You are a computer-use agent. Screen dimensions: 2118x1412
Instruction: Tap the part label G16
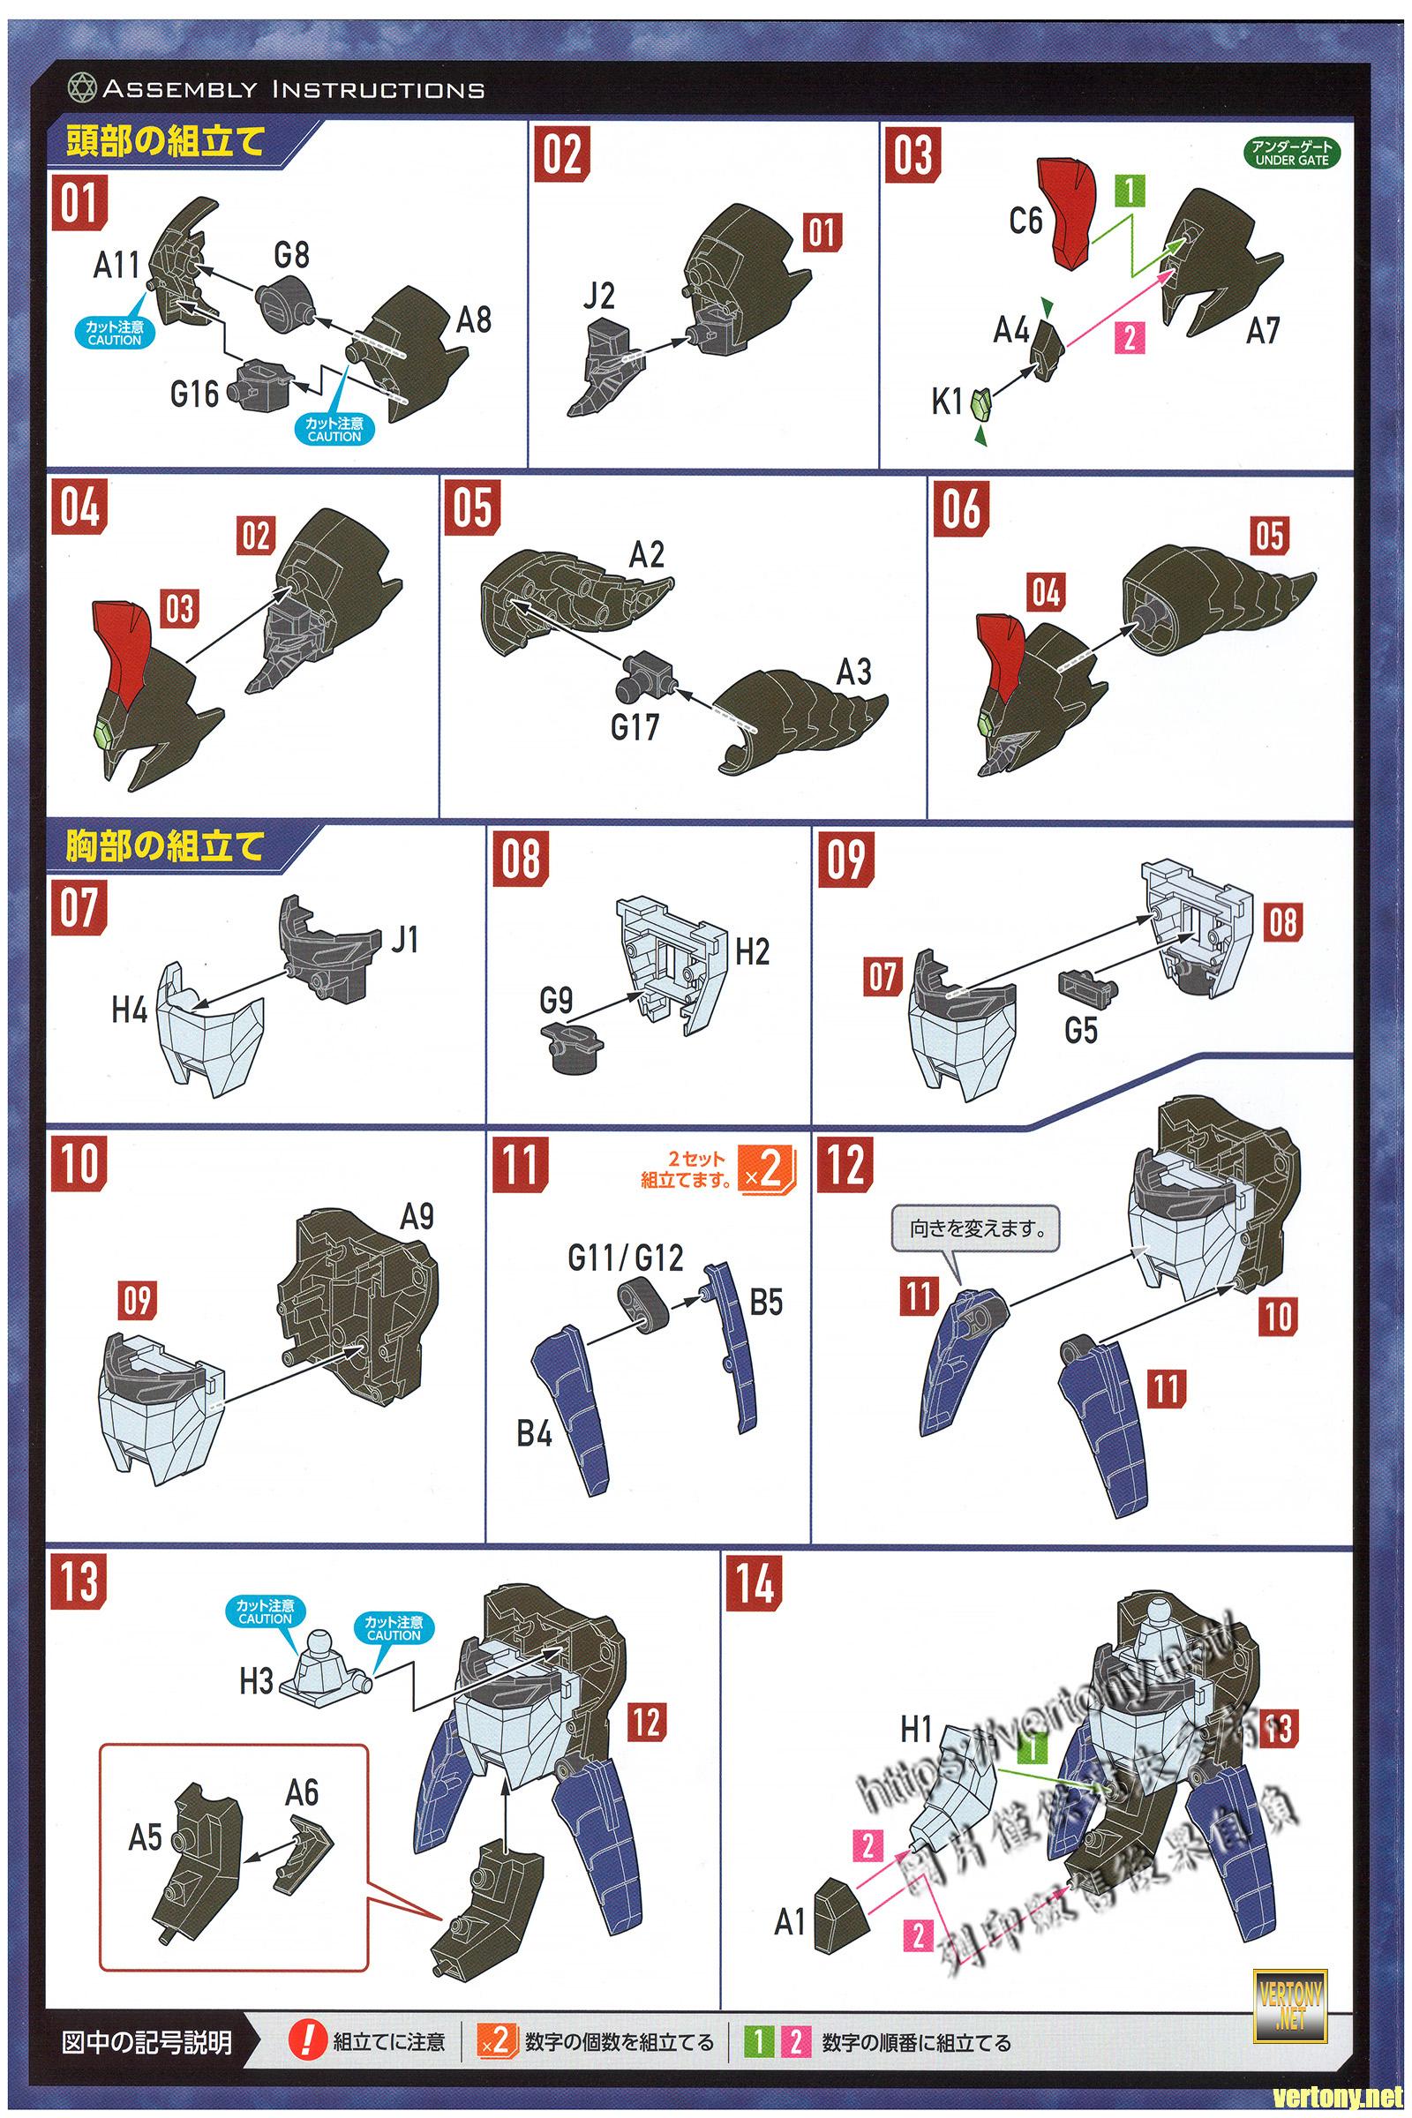pos(194,394)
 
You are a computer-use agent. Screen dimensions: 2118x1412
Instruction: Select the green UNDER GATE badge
pos(1292,153)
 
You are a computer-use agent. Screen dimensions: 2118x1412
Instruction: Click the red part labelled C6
pos(1071,214)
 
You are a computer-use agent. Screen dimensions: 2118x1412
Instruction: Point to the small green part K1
pos(982,402)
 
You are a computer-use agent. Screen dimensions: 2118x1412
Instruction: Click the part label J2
pos(598,296)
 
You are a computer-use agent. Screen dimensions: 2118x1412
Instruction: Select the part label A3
pos(852,672)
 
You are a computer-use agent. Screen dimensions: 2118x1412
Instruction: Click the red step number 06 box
pos(961,508)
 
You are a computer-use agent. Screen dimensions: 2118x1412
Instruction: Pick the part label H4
pos(130,1010)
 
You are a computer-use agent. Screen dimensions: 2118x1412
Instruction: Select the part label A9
pos(417,1218)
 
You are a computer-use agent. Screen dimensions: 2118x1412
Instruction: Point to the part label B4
pos(534,1432)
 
